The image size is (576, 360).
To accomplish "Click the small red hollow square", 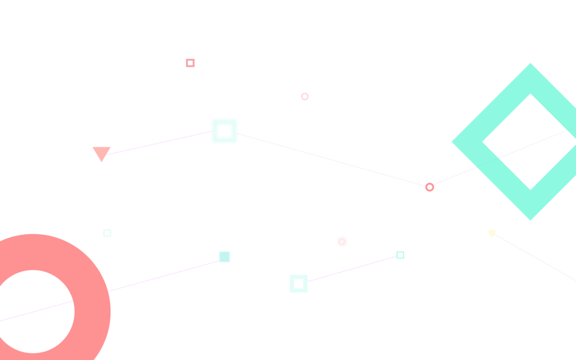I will (x=190, y=63).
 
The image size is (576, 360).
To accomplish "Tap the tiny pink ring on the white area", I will (x=305, y=97).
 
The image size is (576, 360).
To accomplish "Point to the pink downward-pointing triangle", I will (x=101, y=153).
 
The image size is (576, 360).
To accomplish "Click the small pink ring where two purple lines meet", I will (x=429, y=187).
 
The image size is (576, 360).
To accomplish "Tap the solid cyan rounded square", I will (x=225, y=257).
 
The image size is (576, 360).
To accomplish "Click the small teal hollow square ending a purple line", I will (x=401, y=255).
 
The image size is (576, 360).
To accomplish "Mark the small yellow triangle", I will (x=492, y=233).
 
